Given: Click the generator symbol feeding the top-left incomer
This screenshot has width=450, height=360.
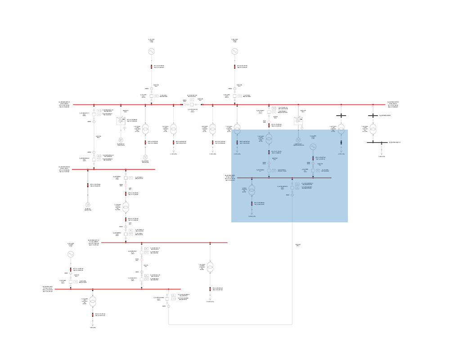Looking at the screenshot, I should point(152,52).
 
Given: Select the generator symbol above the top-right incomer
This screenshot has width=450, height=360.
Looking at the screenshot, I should point(234,52).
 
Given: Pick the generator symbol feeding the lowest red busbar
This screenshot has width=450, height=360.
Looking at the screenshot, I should point(70,254).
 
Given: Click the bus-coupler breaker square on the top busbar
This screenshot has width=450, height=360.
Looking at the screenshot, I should point(191,104).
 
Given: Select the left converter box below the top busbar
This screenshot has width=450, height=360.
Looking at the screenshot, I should point(121,121).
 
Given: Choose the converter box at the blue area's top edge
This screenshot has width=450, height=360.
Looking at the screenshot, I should point(297,121).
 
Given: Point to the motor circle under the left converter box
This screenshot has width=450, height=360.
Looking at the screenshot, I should point(121,140).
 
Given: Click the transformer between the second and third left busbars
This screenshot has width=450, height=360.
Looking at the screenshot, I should point(127,207).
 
